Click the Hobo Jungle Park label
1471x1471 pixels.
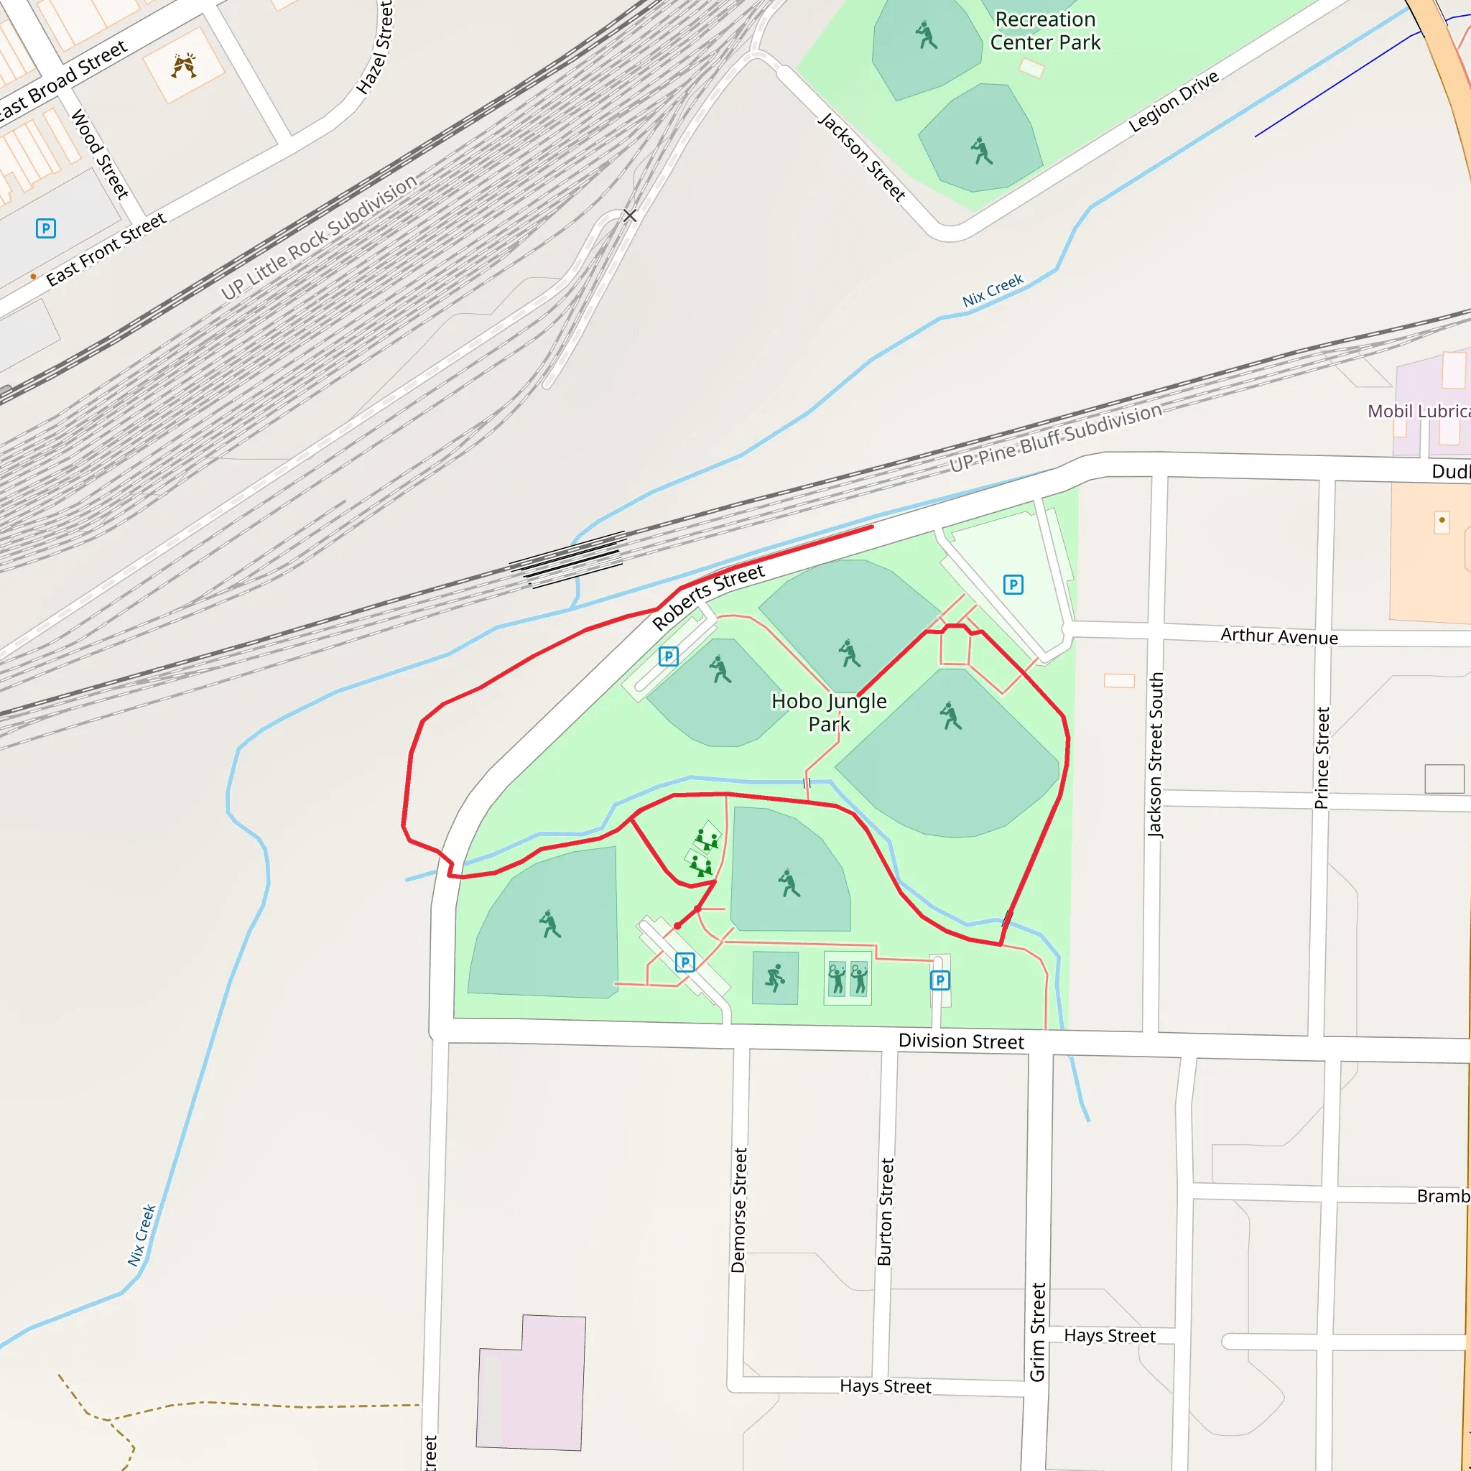(828, 712)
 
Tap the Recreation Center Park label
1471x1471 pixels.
(1044, 31)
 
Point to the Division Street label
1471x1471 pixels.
(961, 1041)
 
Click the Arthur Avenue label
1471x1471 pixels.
(1279, 636)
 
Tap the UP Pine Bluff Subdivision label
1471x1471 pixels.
(1055, 438)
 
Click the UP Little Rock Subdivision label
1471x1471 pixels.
(319, 237)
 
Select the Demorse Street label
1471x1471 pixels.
(738, 1210)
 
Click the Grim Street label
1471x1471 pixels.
(1037, 1332)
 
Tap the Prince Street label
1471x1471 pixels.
(1322, 758)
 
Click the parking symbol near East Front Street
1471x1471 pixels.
(46, 228)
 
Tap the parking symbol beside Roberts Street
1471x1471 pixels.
(668, 656)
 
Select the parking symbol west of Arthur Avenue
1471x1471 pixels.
(1013, 585)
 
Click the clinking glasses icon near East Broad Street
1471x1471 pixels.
(183, 66)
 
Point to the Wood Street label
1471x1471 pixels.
(100, 154)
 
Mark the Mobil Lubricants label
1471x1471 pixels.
(1419, 411)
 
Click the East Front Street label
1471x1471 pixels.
(106, 250)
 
